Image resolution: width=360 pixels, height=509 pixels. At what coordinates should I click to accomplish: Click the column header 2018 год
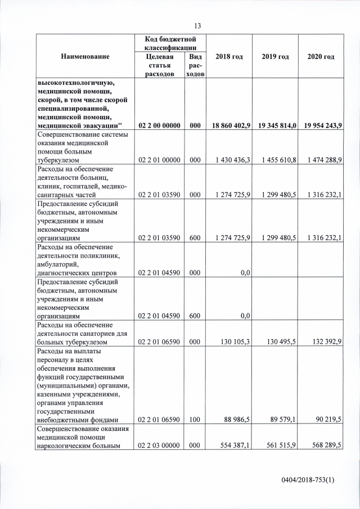coord(228,57)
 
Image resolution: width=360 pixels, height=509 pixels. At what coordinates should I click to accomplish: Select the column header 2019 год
coord(275,57)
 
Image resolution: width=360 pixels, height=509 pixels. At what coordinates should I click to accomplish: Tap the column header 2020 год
coord(321,57)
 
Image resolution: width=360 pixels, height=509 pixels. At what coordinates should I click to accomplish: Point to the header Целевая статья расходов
coord(159,66)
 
